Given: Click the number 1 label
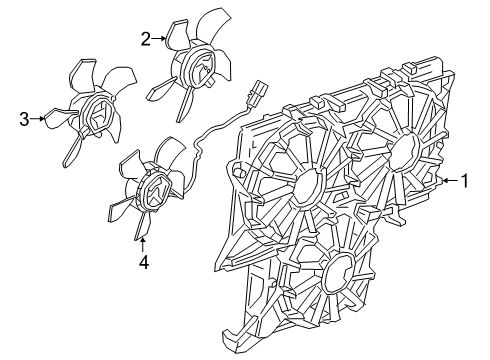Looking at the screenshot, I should (464, 181).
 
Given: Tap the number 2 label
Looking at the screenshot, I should (146, 39).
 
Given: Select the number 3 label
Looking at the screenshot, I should (24, 121).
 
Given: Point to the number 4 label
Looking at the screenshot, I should (144, 262).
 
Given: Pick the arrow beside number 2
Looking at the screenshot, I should (159, 39).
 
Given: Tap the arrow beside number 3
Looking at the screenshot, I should (40, 120).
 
